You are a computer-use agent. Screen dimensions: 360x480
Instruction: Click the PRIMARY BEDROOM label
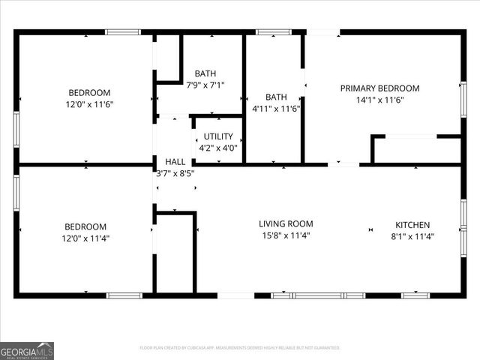click(379, 88)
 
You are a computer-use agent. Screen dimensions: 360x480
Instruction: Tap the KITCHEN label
click(412, 225)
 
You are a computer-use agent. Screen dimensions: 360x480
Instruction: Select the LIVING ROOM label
click(286, 223)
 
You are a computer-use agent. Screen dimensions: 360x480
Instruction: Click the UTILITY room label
click(218, 136)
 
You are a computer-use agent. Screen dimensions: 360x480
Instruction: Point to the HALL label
click(175, 161)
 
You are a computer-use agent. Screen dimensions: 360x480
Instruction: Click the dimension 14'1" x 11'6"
click(379, 100)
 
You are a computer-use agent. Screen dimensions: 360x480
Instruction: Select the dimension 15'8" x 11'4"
click(285, 235)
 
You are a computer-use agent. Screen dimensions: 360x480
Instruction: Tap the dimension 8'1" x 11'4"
click(412, 236)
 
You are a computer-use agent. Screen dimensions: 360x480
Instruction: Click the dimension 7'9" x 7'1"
click(205, 85)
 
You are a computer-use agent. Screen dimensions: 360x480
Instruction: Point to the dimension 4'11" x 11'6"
click(275, 109)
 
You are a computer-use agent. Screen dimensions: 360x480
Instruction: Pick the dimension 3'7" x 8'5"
click(175, 172)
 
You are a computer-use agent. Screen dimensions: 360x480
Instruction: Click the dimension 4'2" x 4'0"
click(218, 148)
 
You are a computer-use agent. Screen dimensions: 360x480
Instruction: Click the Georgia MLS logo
click(27, 350)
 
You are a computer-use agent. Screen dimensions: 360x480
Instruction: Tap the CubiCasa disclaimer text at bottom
click(240, 348)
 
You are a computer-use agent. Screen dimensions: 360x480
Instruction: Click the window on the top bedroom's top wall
click(122, 32)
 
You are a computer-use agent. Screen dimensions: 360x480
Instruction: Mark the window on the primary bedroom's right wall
click(463, 99)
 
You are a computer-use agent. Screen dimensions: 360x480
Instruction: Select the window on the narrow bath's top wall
click(274, 32)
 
